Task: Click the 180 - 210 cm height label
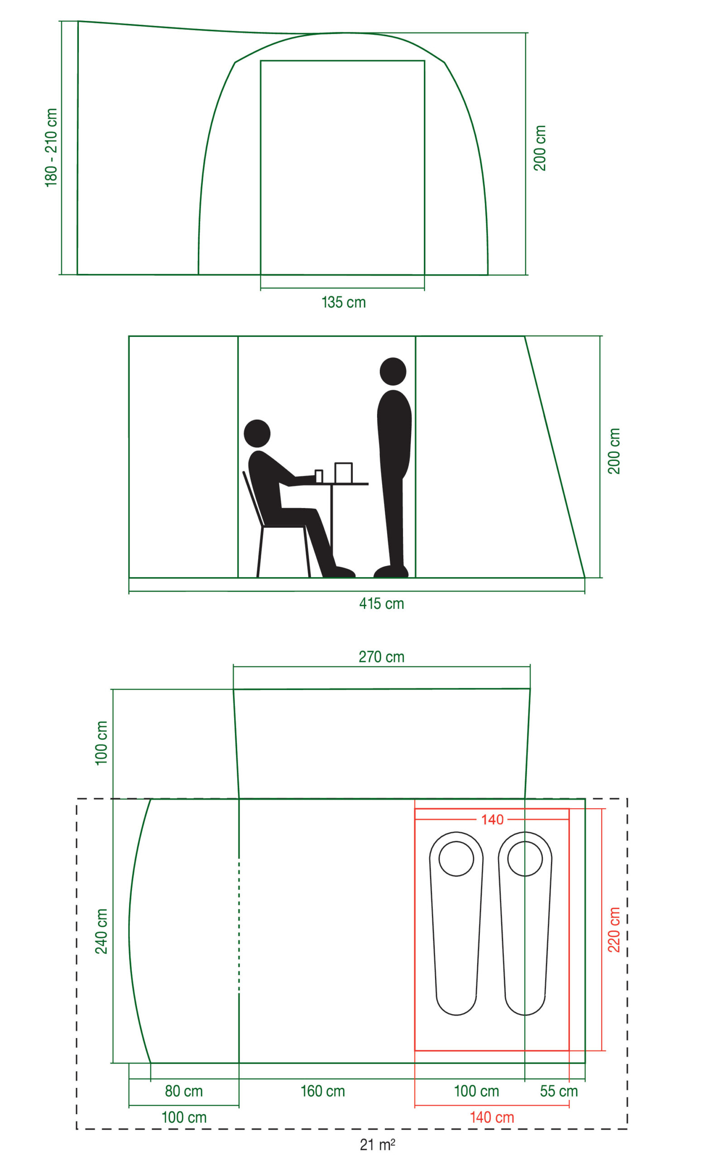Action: coord(51,147)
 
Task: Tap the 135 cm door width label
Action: coord(344,302)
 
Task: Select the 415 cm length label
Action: coord(382,603)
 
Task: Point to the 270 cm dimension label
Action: coord(382,656)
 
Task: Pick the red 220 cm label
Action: coord(614,930)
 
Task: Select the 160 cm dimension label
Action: coord(323,1091)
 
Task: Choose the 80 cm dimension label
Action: coord(183,1091)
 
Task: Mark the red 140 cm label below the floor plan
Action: coord(492,1117)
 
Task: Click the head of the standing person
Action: coord(393,372)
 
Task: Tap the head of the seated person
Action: coord(257,433)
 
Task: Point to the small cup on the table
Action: coord(319,476)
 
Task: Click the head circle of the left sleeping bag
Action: coord(456,858)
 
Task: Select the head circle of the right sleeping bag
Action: coord(525,858)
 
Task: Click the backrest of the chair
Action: coord(253,498)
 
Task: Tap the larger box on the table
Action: coord(344,473)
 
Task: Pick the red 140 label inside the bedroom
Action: coord(492,820)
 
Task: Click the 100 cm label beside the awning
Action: coord(101,743)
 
